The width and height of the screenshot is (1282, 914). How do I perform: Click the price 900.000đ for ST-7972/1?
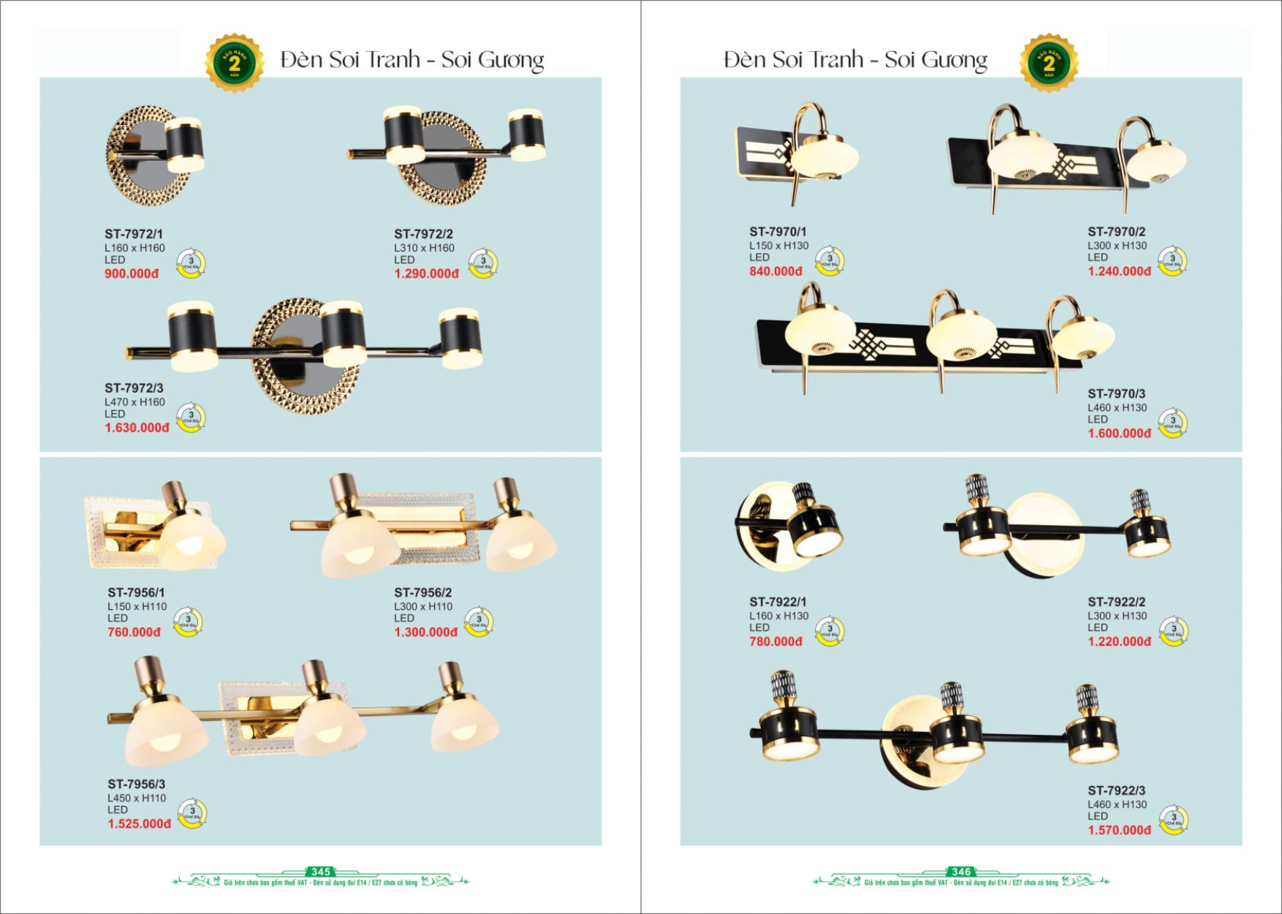pyautogui.click(x=132, y=273)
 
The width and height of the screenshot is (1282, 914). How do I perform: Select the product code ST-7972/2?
pyautogui.click(x=423, y=234)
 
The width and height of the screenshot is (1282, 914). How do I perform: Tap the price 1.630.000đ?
pyautogui.click(x=137, y=428)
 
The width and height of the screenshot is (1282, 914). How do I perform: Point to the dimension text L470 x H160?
pyautogui.click(x=134, y=402)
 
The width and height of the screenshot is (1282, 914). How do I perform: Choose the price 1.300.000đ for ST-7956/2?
pyautogui.click(x=425, y=632)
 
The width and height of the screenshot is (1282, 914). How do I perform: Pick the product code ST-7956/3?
pyautogui.click(x=137, y=784)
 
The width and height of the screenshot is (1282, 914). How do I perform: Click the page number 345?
pyautogui.click(x=321, y=872)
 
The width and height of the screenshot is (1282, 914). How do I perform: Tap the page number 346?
pyautogui.click(x=961, y=872)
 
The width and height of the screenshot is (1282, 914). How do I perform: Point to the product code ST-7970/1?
pyautogui.click(x=778, y=232)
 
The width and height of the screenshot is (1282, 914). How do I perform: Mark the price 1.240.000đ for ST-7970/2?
pyautogui.click(x=1119, y=271)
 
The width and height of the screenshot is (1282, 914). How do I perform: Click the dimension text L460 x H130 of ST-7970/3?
pyautogui.click(x=1117, y=408)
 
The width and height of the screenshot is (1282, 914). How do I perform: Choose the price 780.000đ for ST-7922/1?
pyautogui.click(x=775, y=641)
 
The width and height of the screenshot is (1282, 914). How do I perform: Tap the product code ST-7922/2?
pyautogui.click(x=1116, y=602)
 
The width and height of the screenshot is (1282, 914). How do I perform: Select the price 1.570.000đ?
pyautogui.click(x=1119, y=830)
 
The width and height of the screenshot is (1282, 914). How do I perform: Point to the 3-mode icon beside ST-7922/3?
pyautogui.click(x=1174, y=819)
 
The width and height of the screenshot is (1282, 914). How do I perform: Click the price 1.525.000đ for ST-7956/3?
pyautogui.click(x=140, y=823)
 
